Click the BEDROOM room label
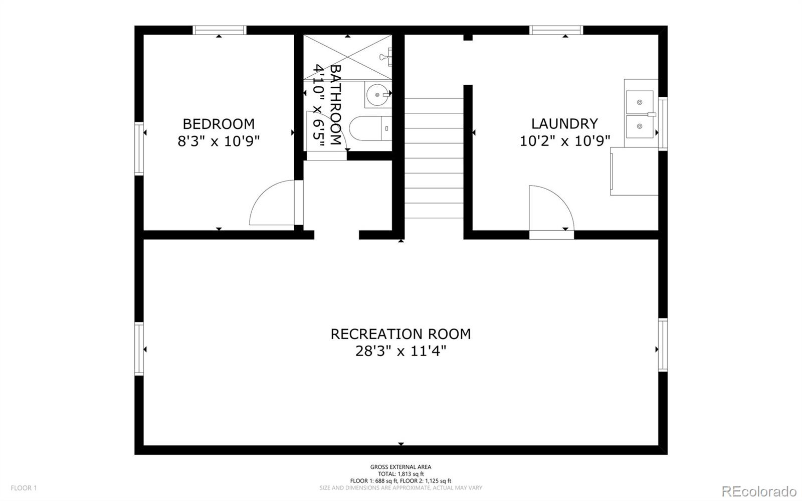click(219, 124)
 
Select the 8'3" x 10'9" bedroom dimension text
click(219, 141)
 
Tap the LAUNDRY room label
click(564, 124)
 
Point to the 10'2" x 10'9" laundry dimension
click(564, 141)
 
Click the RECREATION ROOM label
click(400, 334)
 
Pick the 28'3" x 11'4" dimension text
click(400, 351)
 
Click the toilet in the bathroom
click(370, 128)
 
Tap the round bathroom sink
click(377, 95)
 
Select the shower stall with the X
click(348, 57)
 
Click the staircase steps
click(434, 158)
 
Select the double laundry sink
click(640, 114)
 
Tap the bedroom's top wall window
click(220, 30)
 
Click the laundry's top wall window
click(556, 30)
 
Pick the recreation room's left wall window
click(139, 349)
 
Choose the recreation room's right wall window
click(663, 345)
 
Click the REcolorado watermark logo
click(759, 491)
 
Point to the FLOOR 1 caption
click(24, 488)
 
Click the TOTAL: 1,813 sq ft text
click(400, 474)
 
